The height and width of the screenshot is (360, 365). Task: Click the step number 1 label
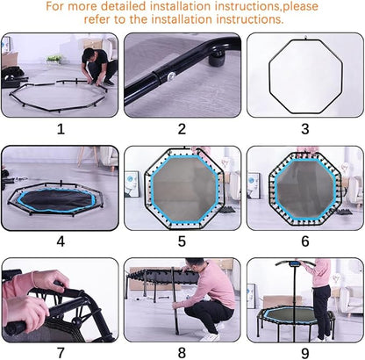coord(61,129)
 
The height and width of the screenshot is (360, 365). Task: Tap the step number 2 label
coord(182,129)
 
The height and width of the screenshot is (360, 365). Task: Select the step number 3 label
coord(305,129)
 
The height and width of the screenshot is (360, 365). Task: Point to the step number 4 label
coord(61,241)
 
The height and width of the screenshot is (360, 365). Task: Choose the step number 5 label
coord(182,241)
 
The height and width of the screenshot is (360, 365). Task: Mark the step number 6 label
coord(305,241)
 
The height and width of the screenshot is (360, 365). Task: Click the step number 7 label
coord(61,353)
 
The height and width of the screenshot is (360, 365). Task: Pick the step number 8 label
coord(182,353)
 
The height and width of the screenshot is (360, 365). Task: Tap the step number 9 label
coord(305,353)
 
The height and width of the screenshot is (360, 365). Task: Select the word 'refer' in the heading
coord(97,19)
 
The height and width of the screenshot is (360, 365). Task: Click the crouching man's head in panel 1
coord(88,54)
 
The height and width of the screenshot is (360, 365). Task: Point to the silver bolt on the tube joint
coord(170,76)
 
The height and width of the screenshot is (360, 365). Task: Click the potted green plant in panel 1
coord(54,60)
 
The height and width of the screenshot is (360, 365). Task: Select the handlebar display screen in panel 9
coord(294,264)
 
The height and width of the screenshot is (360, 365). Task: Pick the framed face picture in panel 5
coord(132,184)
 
